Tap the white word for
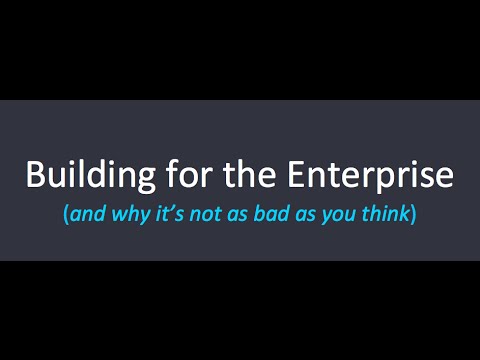(x=189, y=174)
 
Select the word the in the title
(x=249, y=174)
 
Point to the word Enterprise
(x=370, y=177)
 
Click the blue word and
(x=88, y=214)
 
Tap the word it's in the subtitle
(x=170, y=214)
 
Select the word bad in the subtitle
(x=271, y=214)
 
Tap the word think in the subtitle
(x=385, y=214)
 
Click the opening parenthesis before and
(x=66, y=215)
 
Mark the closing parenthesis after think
(x=413, y=215)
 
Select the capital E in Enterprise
(x=295, y=174)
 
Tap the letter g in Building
(x=146, y=181)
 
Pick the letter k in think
(x=402, y=214)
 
